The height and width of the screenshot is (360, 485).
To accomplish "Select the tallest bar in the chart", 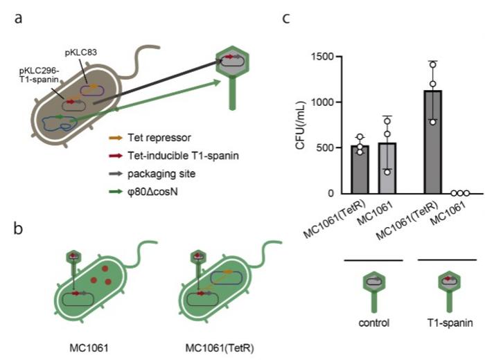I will click(432, 142).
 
